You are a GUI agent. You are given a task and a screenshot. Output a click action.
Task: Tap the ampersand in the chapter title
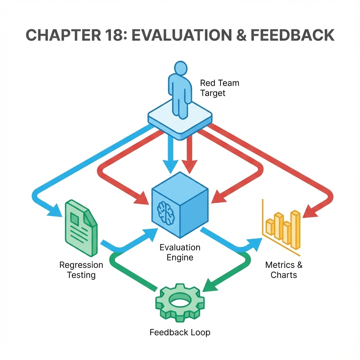point(241,35)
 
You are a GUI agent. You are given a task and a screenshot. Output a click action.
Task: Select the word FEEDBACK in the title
point(292,35)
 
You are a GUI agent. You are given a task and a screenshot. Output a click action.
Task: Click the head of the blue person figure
point(181,68)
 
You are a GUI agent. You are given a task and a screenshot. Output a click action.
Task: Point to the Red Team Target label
point(219,88)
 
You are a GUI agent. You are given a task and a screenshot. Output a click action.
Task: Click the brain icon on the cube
point(166,213)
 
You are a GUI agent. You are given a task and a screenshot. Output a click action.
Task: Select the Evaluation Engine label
point(180,252)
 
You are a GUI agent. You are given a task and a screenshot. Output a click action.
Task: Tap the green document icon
point(81,228)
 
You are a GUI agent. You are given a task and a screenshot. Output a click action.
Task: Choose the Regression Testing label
point(81,270)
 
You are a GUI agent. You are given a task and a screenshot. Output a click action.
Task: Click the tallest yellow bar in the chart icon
point(295,230)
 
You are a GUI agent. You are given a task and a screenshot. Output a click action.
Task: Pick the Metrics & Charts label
point(284,270)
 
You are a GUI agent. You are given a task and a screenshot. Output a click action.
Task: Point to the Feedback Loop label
point(180,332)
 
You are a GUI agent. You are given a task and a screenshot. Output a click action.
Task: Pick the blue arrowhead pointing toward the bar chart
point(255,245)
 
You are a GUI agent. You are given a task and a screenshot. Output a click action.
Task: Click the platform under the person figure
point(180,120)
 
